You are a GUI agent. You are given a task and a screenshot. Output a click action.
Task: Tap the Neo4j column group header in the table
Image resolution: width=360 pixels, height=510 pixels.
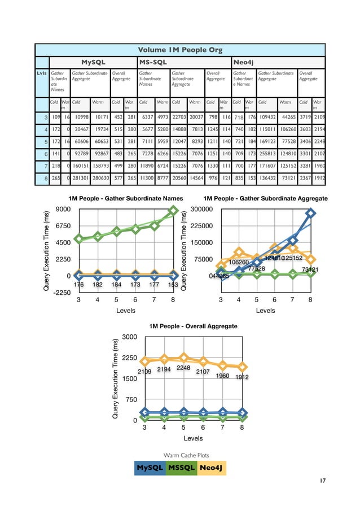pos(244,60)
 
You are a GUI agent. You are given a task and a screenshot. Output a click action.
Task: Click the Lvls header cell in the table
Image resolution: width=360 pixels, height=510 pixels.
pos(41,73)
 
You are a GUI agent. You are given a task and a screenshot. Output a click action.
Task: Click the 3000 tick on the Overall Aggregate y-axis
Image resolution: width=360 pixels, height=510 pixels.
pos(129,337)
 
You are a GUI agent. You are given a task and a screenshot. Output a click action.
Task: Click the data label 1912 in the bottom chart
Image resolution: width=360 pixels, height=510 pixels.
pos(243,377)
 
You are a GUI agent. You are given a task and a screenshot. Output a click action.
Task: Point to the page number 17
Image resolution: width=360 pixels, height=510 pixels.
pos(322,481)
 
